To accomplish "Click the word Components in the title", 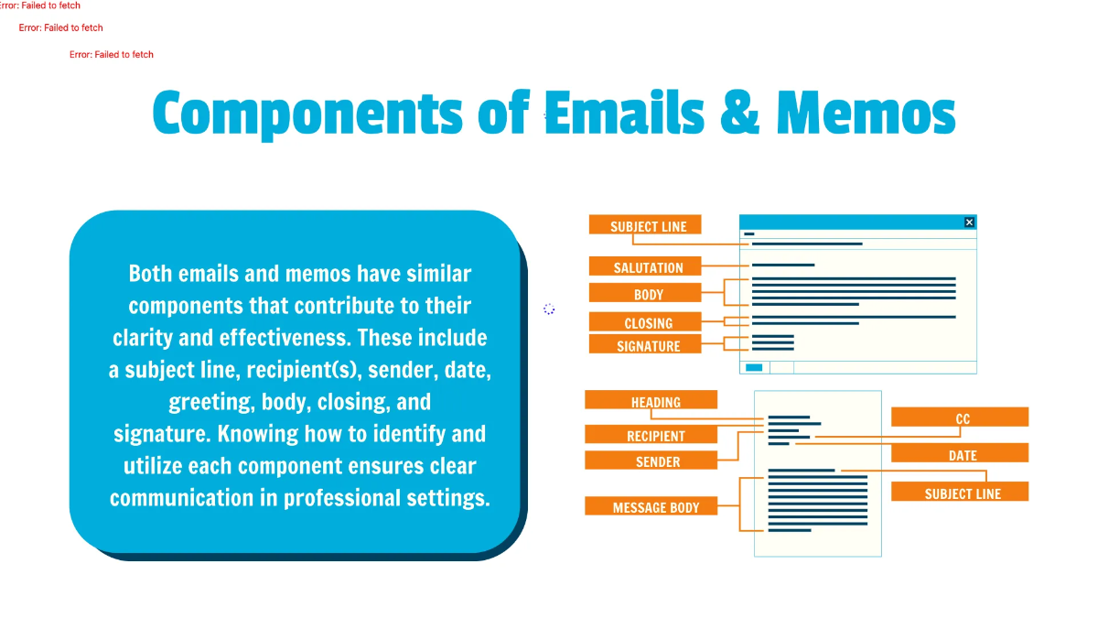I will tap(307, 113).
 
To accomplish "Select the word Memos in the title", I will tap(865, 113).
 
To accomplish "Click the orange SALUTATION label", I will tap(648, 267).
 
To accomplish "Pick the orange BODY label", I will tap(648, 295).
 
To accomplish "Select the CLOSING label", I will tap(648, 323).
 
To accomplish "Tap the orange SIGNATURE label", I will tap(648, 346).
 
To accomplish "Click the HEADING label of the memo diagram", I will tap(655, 402).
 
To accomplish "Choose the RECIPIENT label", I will tap(655, 436).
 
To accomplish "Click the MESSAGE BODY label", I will tap(655, 507).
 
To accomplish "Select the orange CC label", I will tap(962, 419).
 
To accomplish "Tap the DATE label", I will tap(962, 455).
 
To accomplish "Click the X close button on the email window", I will tap(970, 222).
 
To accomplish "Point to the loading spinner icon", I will tap(549, 309).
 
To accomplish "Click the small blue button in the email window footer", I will tap(754, 367).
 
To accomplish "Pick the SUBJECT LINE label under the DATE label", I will tap(962, 493).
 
